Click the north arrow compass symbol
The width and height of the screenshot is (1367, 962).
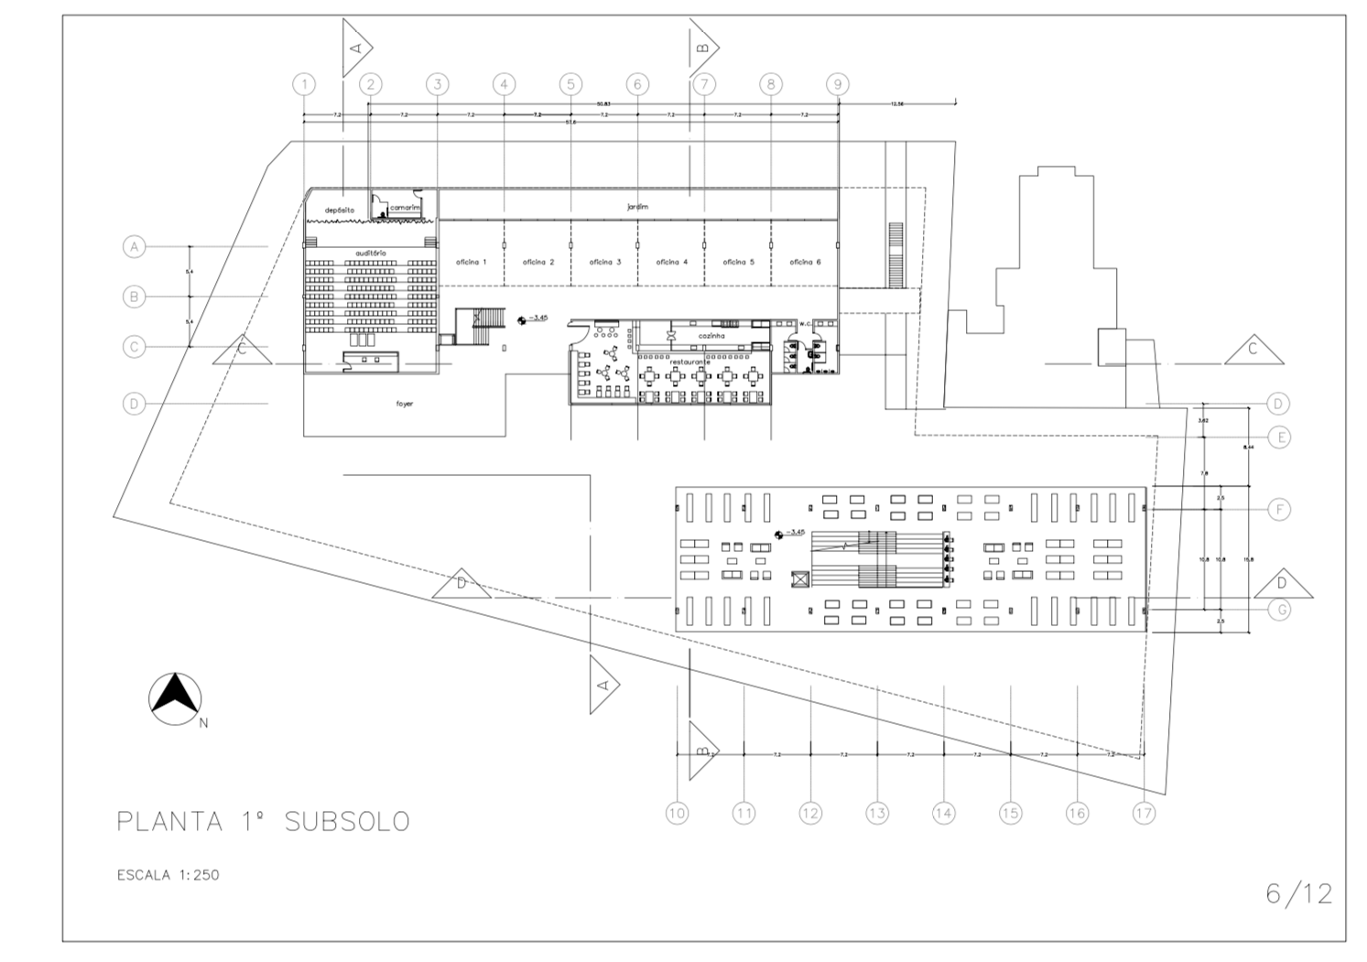pos(175,697)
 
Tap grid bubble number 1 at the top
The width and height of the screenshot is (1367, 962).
pos(304,84)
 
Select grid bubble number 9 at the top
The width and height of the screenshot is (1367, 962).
pos(838,84)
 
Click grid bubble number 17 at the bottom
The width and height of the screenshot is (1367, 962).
pos(1144,812)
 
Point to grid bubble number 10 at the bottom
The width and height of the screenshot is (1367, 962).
pos(677,812)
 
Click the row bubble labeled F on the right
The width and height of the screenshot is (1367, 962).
pos(1280,509)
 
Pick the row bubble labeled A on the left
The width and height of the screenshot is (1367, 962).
pos(135,246)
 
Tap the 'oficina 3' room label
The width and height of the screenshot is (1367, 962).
pos(605,262)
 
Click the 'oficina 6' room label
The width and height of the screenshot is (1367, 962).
pos(805,262)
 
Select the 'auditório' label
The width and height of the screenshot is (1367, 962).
pos(371,252)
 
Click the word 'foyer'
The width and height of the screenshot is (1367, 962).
pos(404,403)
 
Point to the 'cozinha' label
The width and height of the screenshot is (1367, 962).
pos(711,336)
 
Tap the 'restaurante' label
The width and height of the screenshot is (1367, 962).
pos(689,362)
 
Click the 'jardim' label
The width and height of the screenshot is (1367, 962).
pos(637,207)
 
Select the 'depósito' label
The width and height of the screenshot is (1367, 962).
pos(339,211)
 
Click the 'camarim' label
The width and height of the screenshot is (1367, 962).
pos(404,208)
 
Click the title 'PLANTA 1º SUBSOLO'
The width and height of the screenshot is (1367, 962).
pos(263,821)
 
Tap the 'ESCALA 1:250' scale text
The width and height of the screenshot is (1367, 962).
pos(168,875)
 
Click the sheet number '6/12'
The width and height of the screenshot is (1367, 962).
pos(1298,893)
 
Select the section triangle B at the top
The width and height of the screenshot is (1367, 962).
pos(702,47)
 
